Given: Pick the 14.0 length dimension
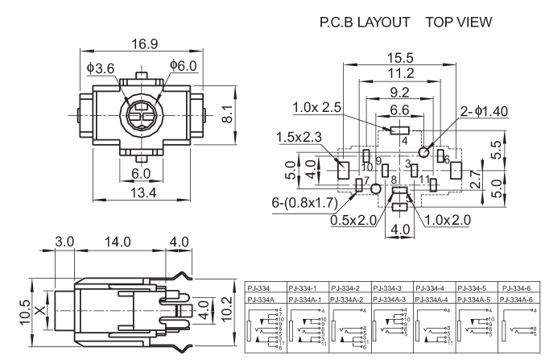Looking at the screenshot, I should (121, 241).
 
